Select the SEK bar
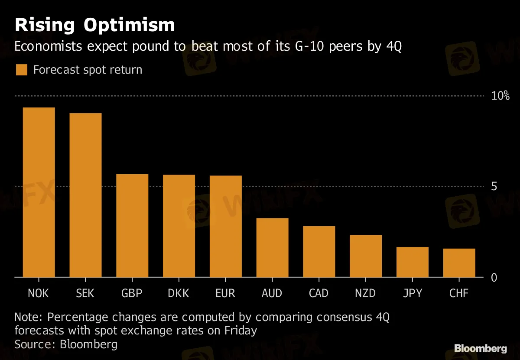pos(85,195)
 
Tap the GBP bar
pos(132,225)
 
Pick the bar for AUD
pos(272,247)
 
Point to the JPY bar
pos(412,262)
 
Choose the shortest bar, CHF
pos(459,263)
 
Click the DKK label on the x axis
pos(179,293)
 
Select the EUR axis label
pos(225,293)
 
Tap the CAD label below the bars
pos(318,293)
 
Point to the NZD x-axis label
pos(365,293)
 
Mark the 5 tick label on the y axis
pos(494,186)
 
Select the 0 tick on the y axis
pos(494,277)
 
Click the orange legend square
pos(21,70)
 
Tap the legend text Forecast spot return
pos(88,70)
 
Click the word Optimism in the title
pos(129,25)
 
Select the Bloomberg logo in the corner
pos(481,348)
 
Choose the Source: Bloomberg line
pos(66,344)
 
